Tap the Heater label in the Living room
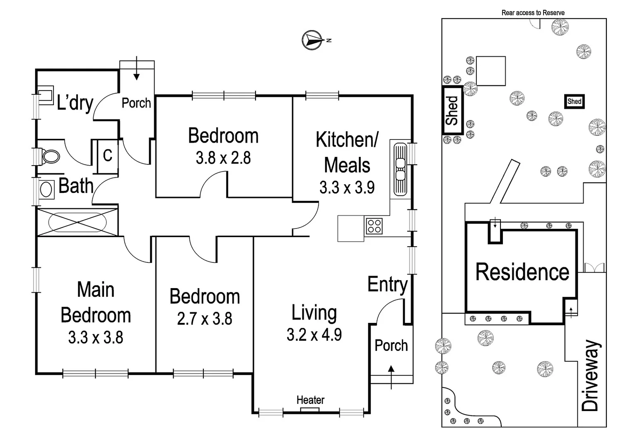click(x=310, y=400)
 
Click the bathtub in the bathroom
click(x=77, y=222)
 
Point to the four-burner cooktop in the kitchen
click(x=374, y=226)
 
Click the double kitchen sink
click(x=400, y=169)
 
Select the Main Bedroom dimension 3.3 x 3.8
click(x=96, y=337)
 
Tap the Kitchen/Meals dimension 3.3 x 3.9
click(x=347, y=187)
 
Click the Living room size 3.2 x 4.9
click(x=314, y=334)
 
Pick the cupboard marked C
click(x=107, y=156)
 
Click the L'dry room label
click(x=75, y=102)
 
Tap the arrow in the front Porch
click(x=391, y=370)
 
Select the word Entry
click(x=387, y=285)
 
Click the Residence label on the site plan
click(x=522, y=272)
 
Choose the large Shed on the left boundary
click(x=452, y=110)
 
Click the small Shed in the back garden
click(x=574, y=101)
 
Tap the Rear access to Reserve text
click(x=533, y=13)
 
